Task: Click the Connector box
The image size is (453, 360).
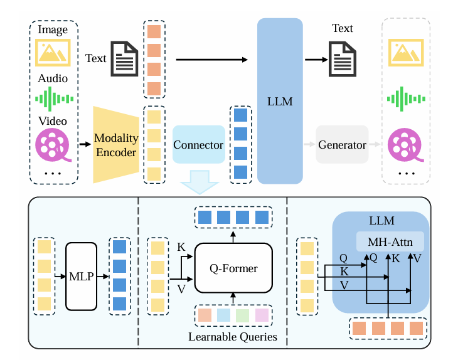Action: click(199, 144)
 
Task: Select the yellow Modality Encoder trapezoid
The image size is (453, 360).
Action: click(116, 145)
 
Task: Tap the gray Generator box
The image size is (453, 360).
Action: click(342, 144)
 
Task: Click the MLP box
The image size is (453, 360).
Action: click(81, 277)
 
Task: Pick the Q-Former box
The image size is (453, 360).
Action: click(233, 268)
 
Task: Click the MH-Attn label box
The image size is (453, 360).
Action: click(390, 241)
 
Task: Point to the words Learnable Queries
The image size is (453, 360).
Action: click(233, 337)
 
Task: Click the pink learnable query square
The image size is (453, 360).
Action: click(262, 315)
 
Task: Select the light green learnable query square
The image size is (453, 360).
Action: click(242, 315)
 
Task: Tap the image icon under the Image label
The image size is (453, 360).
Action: click(53, 53)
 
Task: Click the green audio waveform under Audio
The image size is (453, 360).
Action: click(55, 99)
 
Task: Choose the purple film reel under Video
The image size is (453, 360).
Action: click(53, 145)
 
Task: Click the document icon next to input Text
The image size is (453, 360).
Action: click(124, 58)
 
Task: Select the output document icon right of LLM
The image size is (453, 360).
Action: click(343, 59)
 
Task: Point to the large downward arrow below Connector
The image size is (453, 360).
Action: click(200, 182)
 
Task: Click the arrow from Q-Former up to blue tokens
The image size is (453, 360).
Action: click(233, 236)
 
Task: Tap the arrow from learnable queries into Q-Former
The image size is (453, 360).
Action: click(233, 299)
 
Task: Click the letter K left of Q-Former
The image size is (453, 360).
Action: click(181, 247)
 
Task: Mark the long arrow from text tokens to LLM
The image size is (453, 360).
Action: click(212, 60)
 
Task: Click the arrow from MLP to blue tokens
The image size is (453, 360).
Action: click(103, 277)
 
